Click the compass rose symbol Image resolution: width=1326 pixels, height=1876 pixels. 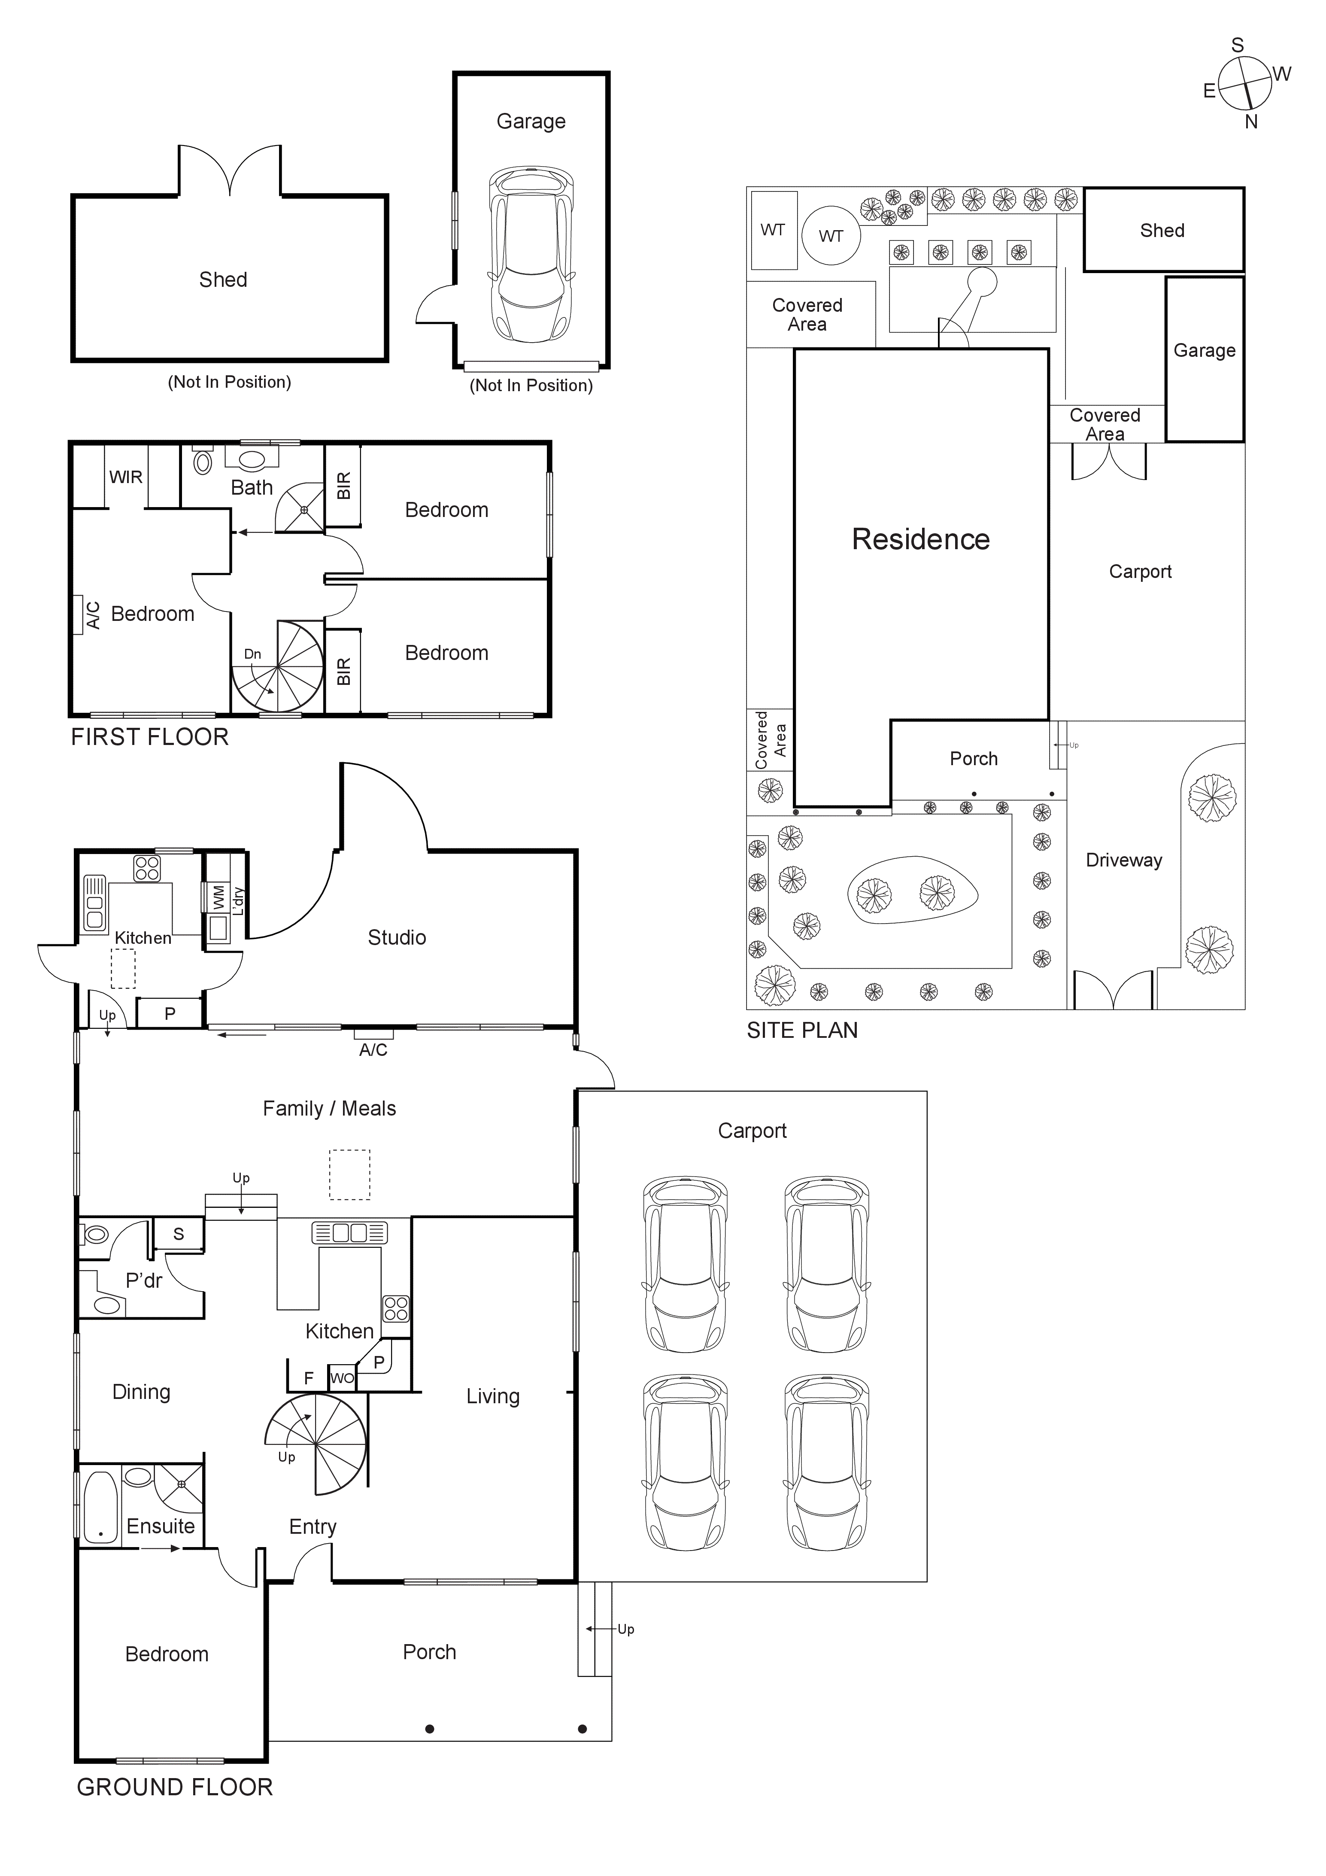point(1245,84)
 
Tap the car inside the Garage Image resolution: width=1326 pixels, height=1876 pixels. point(531,255)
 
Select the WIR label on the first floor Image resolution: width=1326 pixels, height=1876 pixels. point(126,477)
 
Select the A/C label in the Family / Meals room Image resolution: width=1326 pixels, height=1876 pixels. point(373,1050)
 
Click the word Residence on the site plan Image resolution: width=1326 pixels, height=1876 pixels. point(921,539)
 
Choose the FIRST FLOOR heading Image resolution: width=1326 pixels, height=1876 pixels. point(149,737)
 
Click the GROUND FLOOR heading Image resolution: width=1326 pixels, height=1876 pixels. point(175,1787)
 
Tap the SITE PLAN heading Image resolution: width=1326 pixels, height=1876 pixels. point(802,1031)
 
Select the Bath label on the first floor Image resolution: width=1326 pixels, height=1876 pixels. point(252,488)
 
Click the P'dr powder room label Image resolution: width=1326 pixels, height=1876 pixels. point(144,1280)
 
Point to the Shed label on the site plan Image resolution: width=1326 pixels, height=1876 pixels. point(1162,231)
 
